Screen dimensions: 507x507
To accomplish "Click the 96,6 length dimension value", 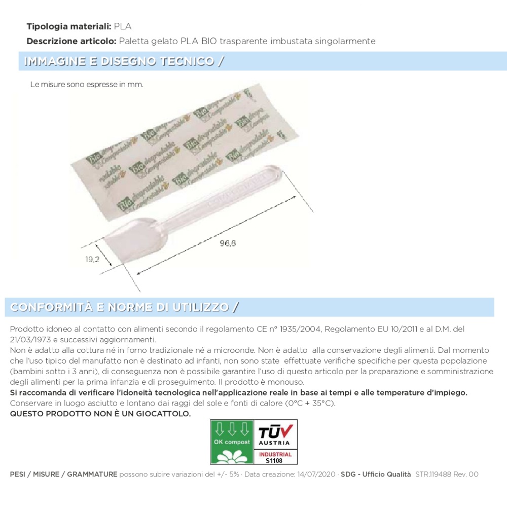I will click(x=228, y=243).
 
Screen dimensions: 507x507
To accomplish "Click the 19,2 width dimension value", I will click(x=92, y=259).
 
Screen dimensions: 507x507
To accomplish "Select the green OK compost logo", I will click(x=232, y=442).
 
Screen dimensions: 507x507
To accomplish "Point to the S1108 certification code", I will click(x=275, y=460).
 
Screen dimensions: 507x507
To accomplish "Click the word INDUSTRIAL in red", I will click(x=275, y=454).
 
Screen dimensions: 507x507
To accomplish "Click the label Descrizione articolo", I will click(x=71, y=41).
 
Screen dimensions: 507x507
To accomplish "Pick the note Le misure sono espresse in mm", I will click(x=87, y=85).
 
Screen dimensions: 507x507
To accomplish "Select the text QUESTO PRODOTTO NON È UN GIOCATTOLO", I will click(x=100, y=414).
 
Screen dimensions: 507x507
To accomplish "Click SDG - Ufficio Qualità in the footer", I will click(x=376, y=475).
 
